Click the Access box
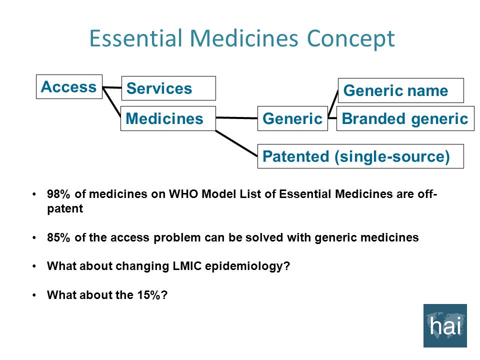(x=69, y=87)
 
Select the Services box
(x=168, y=88)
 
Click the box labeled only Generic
(x=292, y=118)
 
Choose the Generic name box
(x=400, y=90)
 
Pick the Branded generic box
(x=405, y=118)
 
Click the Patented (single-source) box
(x=360, y=156)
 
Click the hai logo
(x=445, y=325)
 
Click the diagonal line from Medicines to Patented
(x=236, y=142)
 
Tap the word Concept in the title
(x=350, y=39)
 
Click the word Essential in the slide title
(x=134, y=39)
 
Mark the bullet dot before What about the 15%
(x=34, y=295)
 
